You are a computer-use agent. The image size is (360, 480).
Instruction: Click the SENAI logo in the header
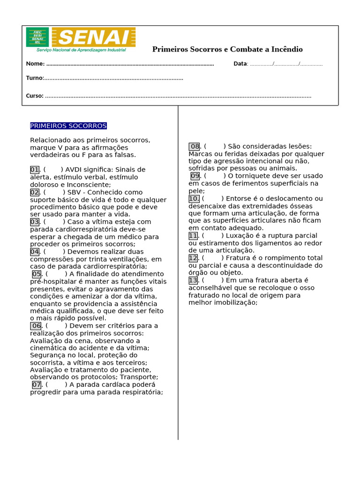tap(94, 37)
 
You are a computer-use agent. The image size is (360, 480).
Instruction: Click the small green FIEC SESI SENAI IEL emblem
tap(37, 37)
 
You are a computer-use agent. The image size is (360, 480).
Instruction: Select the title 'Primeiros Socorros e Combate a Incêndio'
tap(227, 49)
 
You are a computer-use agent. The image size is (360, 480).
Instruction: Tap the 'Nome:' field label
tap(35, 64)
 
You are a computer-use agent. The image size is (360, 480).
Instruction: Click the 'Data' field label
tap(240, 64)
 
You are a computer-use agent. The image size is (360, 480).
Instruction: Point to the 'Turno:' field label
tap(35, 78)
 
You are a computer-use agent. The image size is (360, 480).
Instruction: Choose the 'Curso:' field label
tap(35, 96)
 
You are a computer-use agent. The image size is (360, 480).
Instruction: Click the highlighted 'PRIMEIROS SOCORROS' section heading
tap(68, 126)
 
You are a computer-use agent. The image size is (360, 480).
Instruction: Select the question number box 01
tap(35, 170)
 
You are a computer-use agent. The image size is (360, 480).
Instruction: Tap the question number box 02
tap(35, 192)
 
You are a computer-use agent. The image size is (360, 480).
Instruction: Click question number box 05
tap(37, 274)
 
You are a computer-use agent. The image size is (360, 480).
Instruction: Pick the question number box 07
tap(37, 385)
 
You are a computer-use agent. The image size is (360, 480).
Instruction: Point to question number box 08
tap(194, 147)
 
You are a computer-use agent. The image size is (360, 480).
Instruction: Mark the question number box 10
tap(194, 199)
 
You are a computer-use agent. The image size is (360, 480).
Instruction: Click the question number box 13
tap(193, 280)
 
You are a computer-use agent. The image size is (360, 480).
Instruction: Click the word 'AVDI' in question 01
tap(74, 170)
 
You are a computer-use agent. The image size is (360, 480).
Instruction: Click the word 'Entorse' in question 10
tap(238, 199)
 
